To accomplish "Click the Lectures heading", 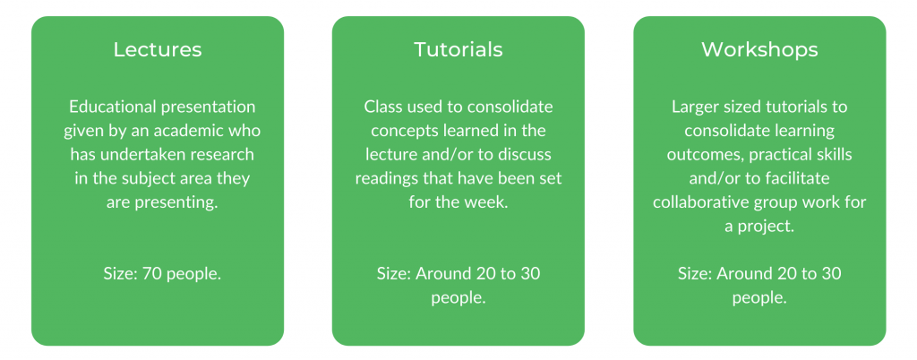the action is point(158,49).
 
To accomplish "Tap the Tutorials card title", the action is point(458,49).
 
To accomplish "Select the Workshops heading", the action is point(759,49).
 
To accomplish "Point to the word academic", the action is point(201,131).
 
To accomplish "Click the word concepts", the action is point(402,131).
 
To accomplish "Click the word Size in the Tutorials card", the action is point(392,273).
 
